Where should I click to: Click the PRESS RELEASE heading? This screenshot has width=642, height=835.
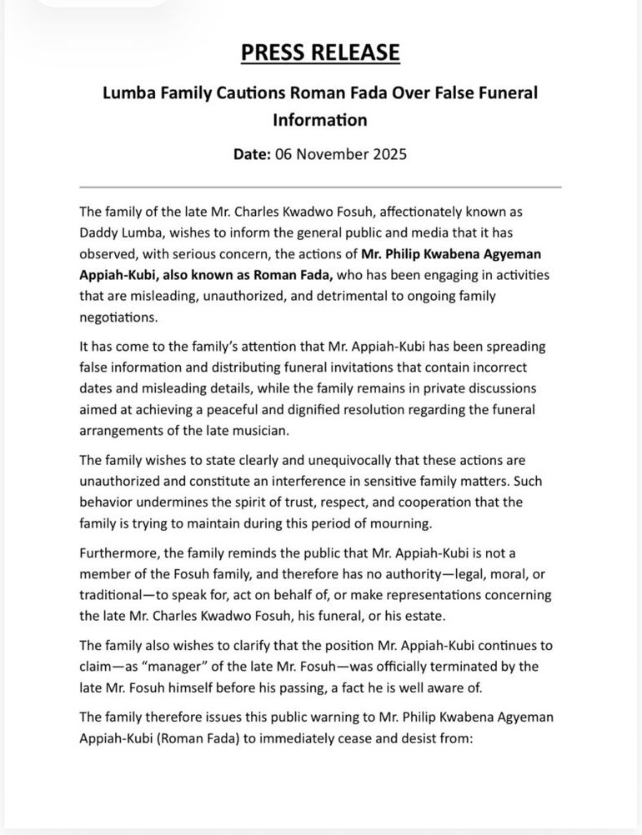[x=320, y=52]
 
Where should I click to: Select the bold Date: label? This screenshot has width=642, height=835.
[x=252, y=154]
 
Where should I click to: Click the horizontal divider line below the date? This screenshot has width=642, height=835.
[x=320, y=187]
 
